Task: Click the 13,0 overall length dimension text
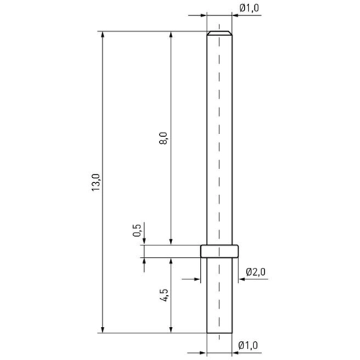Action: pos(96,182)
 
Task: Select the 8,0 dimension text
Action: pos(163,138)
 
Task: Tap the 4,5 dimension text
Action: pos(164,295)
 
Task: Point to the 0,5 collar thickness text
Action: pos(137,230)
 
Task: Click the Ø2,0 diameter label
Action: pos(256,272)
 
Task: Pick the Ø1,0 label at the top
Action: pos(249,8)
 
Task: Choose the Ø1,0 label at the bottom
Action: pos(248,346)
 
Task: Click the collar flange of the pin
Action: pos(220,251)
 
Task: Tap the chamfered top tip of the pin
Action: pos(220,33)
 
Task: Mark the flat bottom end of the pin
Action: pos(220,333)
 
